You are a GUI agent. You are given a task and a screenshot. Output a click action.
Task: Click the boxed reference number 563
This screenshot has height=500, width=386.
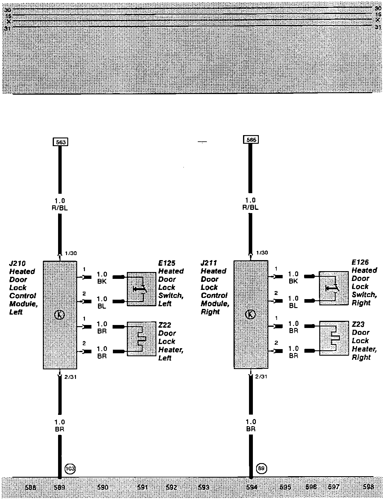point(60,142)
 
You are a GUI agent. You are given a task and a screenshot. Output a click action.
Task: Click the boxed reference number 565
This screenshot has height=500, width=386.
point(251,140)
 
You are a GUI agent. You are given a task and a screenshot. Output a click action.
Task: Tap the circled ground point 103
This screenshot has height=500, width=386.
point(70,469)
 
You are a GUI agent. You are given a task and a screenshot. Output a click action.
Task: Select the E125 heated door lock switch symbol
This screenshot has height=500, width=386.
point(141,289)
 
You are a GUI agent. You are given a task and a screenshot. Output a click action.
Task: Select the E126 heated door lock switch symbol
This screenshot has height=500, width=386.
point(334,288)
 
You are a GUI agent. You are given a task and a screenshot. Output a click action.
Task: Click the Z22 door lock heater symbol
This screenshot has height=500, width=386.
point(141,339)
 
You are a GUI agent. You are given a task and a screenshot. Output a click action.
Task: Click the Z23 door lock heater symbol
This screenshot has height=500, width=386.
point(334,338)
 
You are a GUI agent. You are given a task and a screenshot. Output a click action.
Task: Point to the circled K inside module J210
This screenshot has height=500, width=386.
point(60,315)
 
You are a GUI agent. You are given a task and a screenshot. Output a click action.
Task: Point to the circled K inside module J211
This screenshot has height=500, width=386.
point(251,314)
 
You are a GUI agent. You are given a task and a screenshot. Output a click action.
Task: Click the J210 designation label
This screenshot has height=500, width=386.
point(18,263)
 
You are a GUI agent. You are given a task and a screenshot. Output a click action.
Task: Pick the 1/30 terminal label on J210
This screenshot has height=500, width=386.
point(71,253)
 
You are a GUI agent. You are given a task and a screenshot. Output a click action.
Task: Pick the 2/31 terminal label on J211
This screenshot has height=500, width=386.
point(261,376)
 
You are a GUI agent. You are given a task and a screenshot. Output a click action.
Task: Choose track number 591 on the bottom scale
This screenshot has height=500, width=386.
point(143,487)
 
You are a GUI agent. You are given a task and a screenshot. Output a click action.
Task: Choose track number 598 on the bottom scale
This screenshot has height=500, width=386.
point(368,487)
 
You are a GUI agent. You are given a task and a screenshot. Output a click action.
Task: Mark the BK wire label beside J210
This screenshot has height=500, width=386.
point(102,282)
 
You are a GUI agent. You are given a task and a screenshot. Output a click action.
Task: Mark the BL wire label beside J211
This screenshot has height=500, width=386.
point(293,306)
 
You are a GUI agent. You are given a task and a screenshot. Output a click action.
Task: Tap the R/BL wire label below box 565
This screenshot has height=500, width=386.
point(250,207)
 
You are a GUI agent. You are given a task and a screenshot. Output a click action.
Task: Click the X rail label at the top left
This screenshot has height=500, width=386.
point(9,21)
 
